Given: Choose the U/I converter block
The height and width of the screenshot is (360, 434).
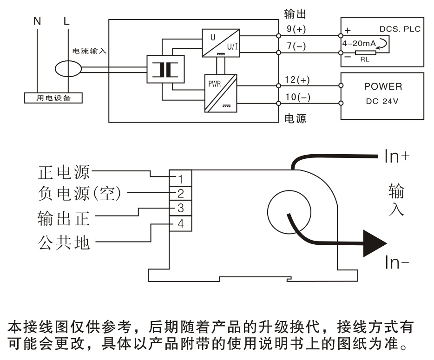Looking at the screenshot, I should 220,43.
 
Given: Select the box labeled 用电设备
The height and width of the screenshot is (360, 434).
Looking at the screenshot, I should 53,98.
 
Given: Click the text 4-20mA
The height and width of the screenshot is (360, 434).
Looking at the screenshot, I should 358,43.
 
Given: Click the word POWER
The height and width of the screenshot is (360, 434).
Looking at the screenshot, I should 383,87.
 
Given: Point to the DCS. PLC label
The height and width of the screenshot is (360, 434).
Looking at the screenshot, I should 400,29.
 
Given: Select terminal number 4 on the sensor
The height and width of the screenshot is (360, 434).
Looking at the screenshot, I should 181,223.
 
